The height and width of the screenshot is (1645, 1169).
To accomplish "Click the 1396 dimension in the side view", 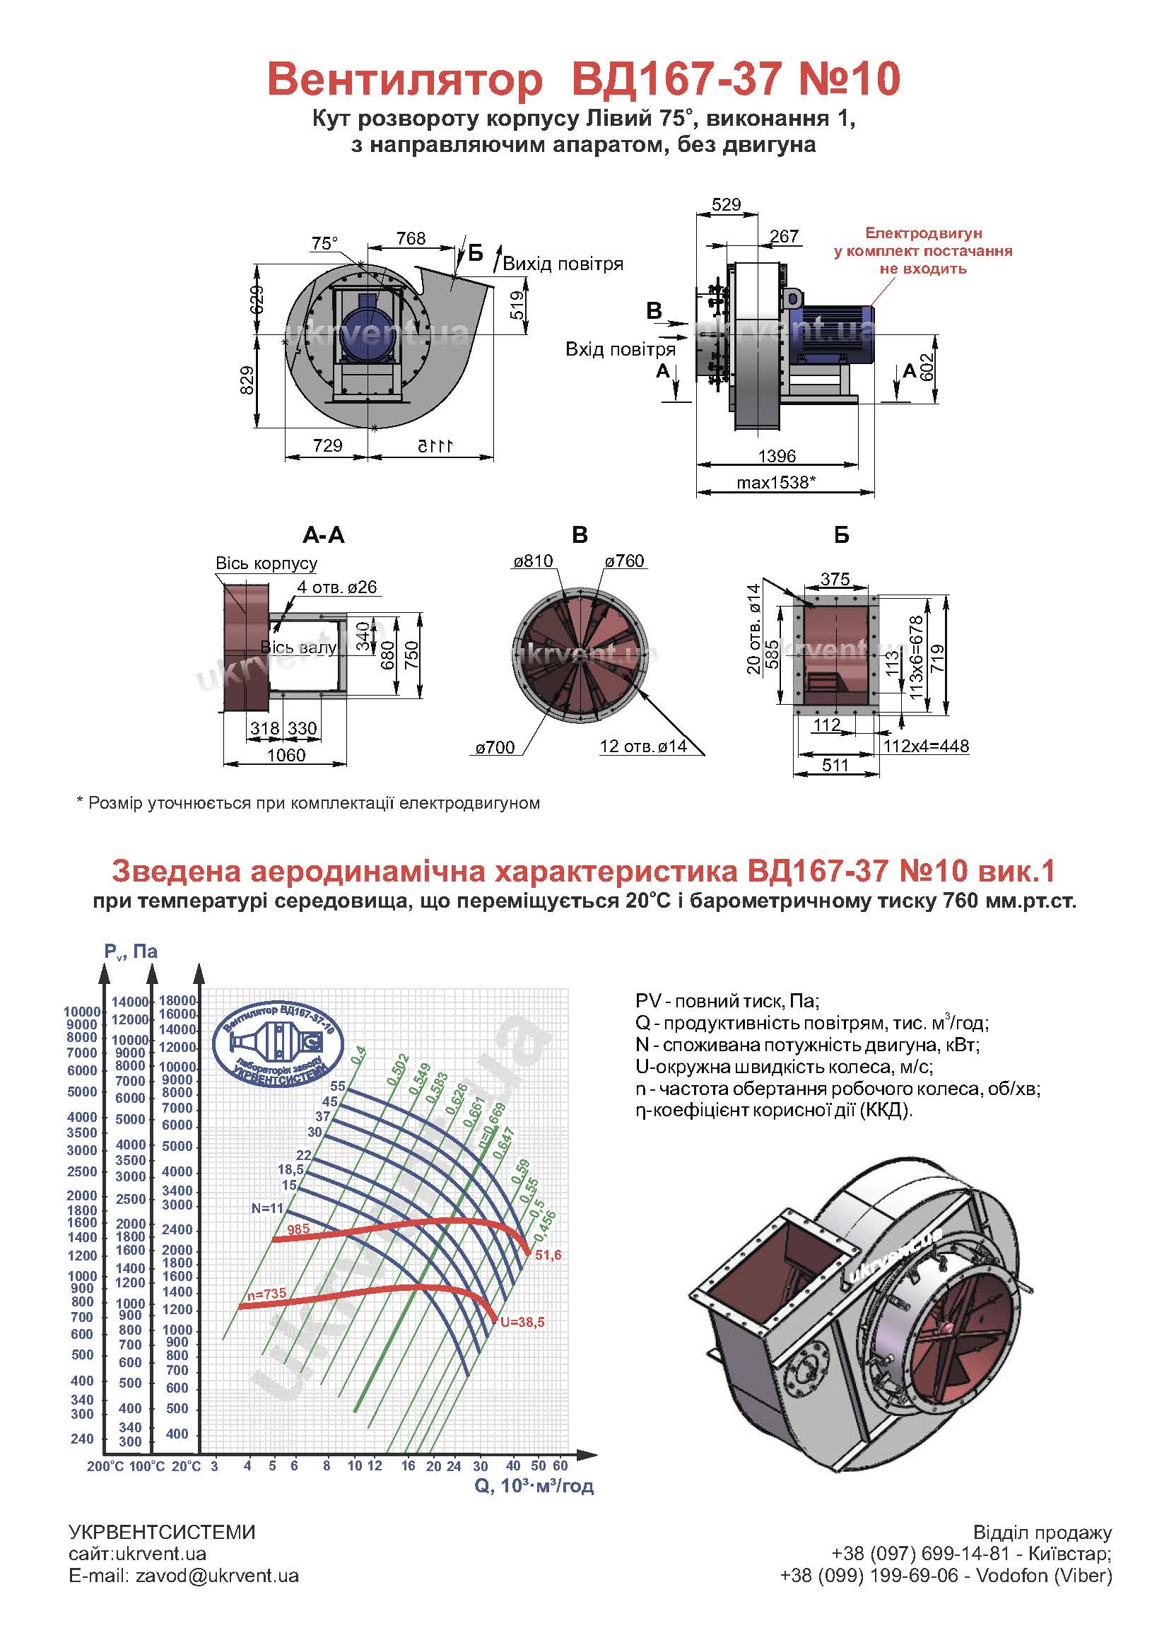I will pos(777,456).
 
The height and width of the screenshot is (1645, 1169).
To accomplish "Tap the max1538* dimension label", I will pos(775,482).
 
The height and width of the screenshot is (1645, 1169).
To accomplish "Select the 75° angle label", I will pos(324,243).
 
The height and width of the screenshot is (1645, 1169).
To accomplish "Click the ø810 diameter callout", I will pos(534,561).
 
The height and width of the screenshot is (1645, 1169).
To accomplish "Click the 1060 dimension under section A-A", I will pos(286,755).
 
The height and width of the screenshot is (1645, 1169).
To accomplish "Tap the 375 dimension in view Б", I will pos(835,579).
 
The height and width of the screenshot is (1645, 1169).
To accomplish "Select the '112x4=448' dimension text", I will pos(927,746).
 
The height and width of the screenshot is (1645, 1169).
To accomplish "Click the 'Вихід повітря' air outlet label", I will pos(563,264).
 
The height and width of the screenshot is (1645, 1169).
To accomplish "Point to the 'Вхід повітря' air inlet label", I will pos(620,350).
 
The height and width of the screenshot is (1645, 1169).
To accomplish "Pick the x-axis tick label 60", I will pos(560,1465).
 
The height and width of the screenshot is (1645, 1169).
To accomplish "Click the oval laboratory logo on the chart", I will pos(279,1044).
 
